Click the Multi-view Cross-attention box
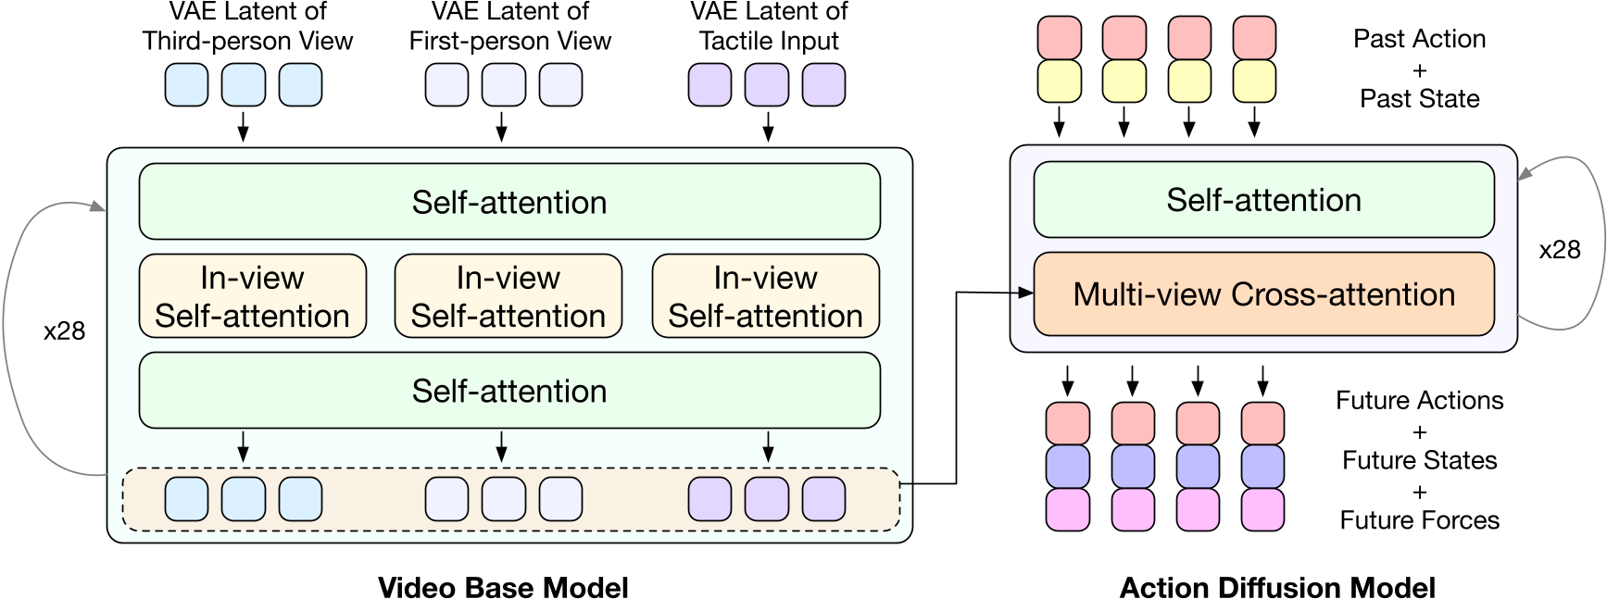coord(1263,294)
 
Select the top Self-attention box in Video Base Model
coord(509,202)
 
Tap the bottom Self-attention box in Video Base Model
coord(509,391)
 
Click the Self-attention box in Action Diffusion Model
coord(1263,200)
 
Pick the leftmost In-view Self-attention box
coord(252,296)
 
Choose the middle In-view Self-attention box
coord(508,296)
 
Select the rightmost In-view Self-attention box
coord(766,296)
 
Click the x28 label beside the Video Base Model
coord(64,331)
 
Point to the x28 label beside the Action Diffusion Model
coord(1559,250)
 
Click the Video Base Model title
coord(503,587)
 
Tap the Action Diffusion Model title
coord(1277,587)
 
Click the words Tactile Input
coord(769,41)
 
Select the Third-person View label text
coord(247,41)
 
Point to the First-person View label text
coord(510,41)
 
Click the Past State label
coord(1419,98)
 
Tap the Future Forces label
coord(1419,520)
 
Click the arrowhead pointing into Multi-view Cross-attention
coord(1025,293)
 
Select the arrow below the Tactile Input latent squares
coord(768,127)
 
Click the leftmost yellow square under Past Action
coord(1060,81)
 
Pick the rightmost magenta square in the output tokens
coord(1262,509)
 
